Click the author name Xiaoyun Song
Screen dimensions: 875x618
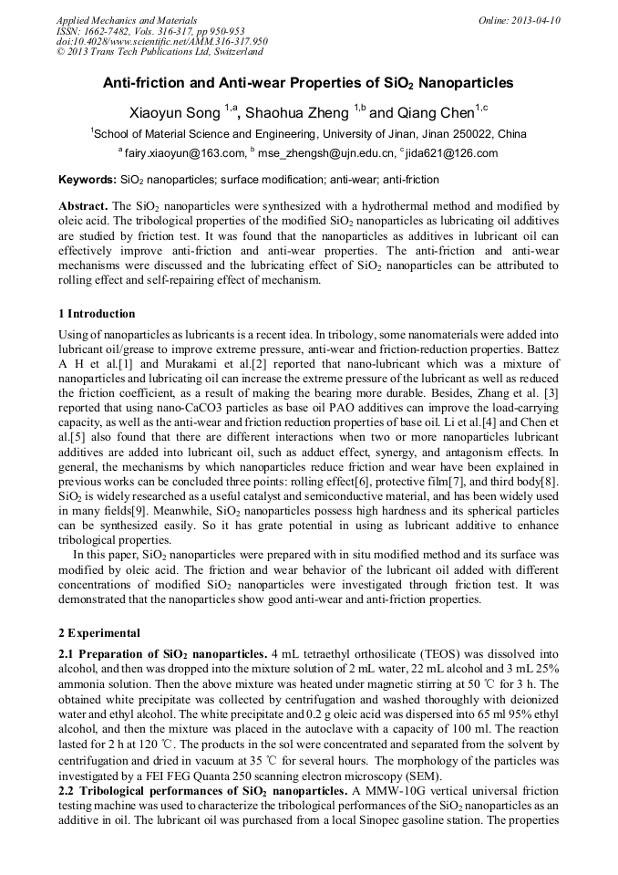(x=186, y=112)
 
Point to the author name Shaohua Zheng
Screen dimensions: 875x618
(x=297, y=112)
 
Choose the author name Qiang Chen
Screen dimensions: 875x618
(x=436, y=112)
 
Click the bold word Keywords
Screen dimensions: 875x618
(x=86, y=180)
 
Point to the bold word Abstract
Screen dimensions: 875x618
(x=83, y=207)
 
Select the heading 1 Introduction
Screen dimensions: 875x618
(x=96, y=314)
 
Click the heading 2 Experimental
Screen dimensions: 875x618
(x=98, y=633)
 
